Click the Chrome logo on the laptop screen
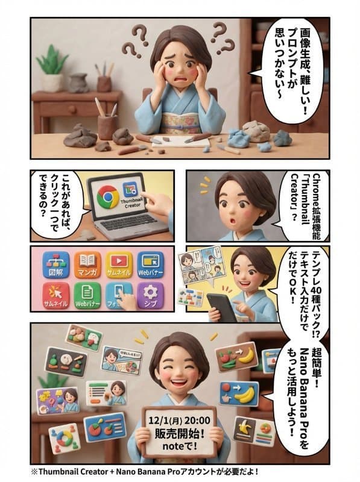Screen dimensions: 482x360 [x=107, y=196]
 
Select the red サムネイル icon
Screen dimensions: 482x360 [x=55, y=295]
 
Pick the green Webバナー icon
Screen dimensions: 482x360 [x=87, y=295]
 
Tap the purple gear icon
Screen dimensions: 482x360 [x=150, y=295]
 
